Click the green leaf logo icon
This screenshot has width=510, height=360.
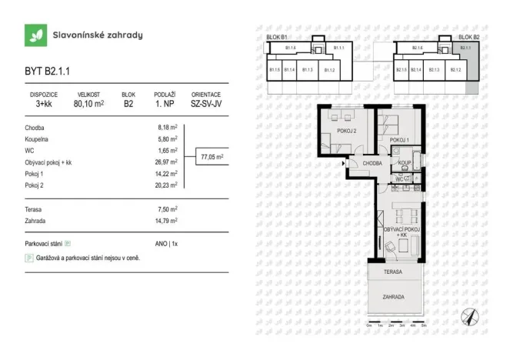coord(35,35)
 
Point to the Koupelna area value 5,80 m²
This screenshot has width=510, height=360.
coord(168,139)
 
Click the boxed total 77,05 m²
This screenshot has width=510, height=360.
coord(212,157)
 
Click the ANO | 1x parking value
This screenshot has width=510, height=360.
coord(167,243)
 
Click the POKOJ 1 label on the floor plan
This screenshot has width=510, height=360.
coord(398,140)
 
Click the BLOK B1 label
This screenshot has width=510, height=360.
coord(276,37)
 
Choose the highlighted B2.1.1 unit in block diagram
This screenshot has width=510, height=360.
coord(465,48)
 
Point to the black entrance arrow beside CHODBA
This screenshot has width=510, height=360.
coord(344,163)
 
